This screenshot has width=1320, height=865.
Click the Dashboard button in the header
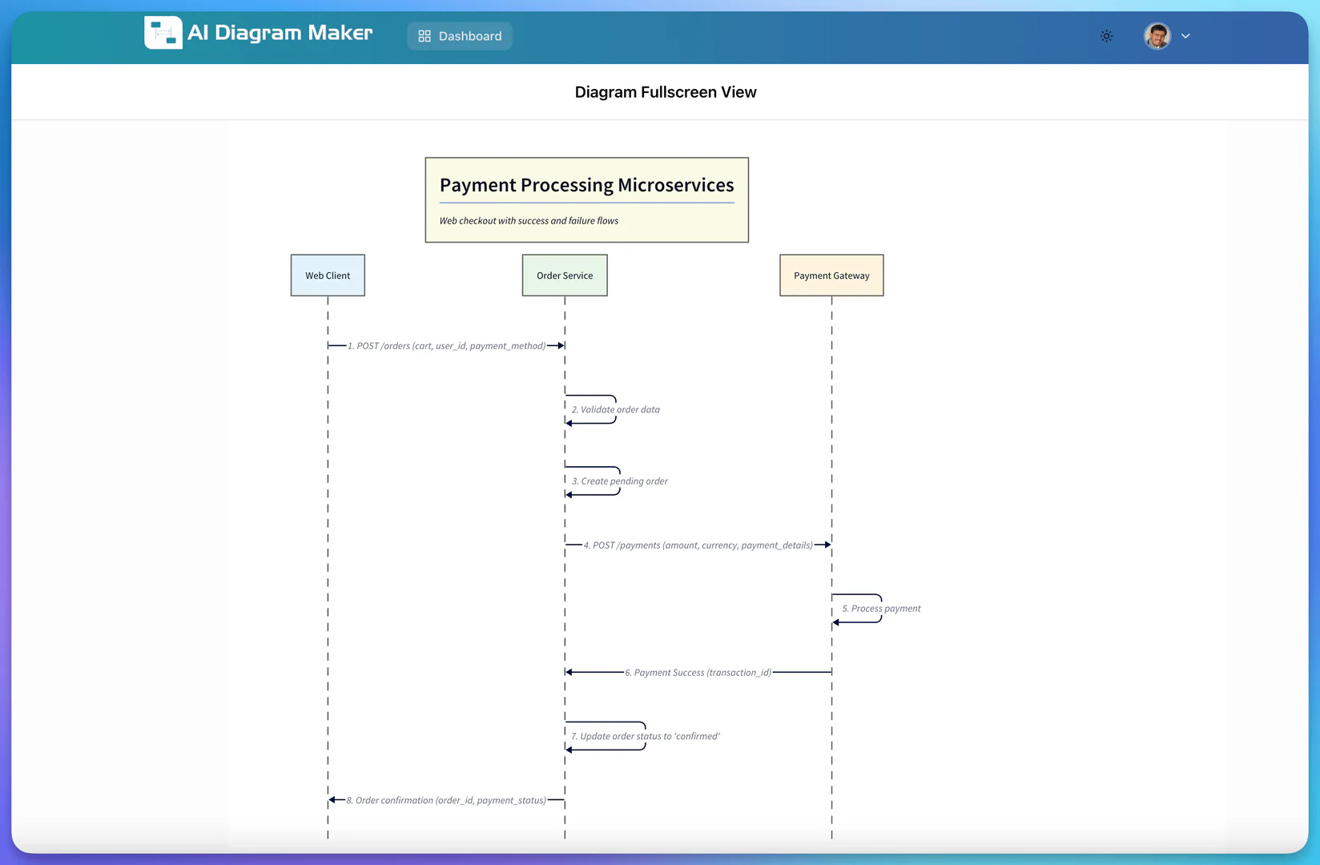460,36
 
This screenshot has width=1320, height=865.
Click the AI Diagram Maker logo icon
163,33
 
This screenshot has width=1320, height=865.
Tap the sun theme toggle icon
1106,36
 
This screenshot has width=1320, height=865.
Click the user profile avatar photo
1157,36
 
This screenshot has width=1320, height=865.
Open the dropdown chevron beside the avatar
1185,36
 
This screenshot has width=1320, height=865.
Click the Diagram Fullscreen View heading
665,92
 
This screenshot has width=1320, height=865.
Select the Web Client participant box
328,276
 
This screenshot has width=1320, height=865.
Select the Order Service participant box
565,276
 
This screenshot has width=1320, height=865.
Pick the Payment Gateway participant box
831,276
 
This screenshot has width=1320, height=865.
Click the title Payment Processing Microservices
586,185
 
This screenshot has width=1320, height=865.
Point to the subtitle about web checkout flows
529,221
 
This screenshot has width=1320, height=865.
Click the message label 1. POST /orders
446,346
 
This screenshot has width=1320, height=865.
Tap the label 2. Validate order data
615,409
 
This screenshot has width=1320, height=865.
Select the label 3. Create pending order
619,481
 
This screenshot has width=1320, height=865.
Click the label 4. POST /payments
698,545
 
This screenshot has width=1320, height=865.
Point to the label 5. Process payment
881,609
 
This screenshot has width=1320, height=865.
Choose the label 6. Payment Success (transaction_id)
698,673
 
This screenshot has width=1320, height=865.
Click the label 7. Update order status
645,736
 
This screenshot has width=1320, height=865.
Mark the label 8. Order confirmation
446,800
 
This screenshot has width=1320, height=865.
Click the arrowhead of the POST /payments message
826,545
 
